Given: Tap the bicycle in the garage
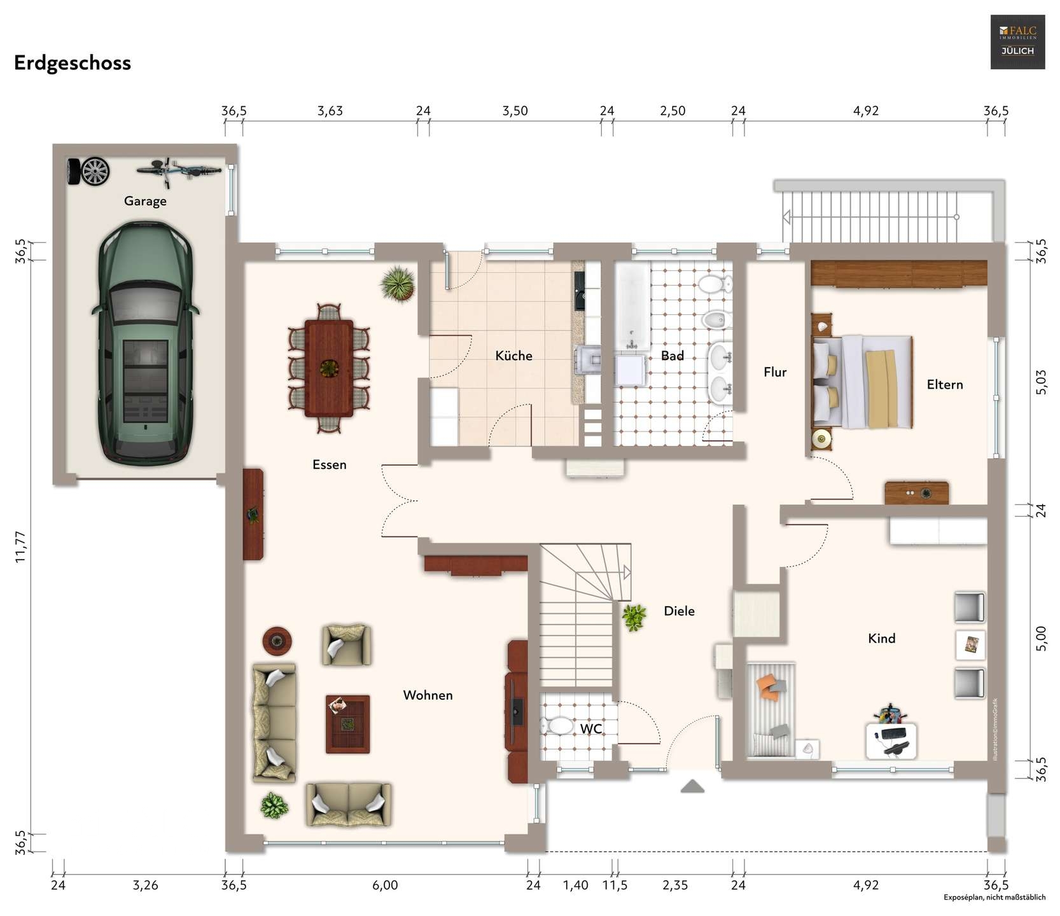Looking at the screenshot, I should click(179, 171).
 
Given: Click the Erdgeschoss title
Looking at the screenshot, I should click(73, 63).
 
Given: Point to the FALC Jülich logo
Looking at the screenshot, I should click(1017, 42).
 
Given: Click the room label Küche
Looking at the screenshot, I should click(513, 356).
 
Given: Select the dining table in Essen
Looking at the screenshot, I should click(328, 368).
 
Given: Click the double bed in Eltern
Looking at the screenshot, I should click(861, 381).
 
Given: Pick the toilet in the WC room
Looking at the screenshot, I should click(558, 726).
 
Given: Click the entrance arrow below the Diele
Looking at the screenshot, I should click(692, 786).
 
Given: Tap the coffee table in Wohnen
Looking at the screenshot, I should click(347, 724).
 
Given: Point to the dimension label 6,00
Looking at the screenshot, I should click(385, 885).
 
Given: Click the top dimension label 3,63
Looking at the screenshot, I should click(330, 111).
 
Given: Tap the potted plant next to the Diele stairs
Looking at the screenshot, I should click(634, 616).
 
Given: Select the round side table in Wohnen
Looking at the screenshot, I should click(277, 639).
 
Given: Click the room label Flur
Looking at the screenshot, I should click(775, 372).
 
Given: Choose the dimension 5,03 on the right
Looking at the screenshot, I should click(1041, 382).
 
